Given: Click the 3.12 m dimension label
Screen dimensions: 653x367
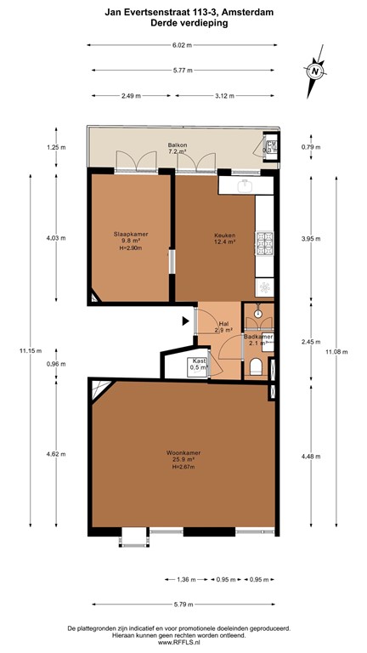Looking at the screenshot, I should (x=225, y=95).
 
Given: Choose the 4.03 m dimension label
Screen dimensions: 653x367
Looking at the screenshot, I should (x=55, y=238).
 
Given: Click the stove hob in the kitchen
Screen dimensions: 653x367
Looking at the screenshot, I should (x=266, y=239).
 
